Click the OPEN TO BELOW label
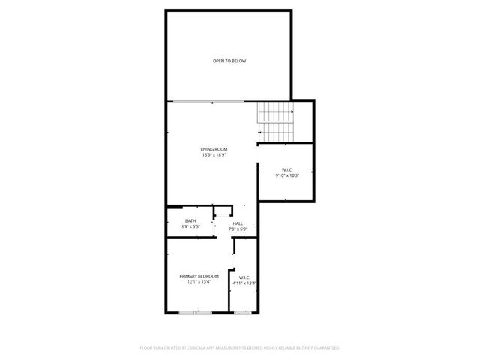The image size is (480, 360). click(229, 61)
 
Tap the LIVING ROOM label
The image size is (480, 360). click(214, 149)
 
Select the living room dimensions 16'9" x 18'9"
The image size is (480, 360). click(214, 155)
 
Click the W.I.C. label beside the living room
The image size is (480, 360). click(286, 170)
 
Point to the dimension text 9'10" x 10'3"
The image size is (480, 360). click(286, 176)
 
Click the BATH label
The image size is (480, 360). click(190, 220)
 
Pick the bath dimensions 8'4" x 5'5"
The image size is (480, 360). click(190, 226)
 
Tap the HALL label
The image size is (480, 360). click(238, 223)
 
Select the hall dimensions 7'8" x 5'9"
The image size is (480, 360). click(238, 229)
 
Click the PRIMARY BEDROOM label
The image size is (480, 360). click(199, 276)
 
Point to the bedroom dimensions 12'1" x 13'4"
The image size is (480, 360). click(199, 282)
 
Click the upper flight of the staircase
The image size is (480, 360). click(277, 112)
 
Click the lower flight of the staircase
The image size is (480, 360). click(277, 133)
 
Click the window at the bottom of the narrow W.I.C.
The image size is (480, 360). click(241, 312)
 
